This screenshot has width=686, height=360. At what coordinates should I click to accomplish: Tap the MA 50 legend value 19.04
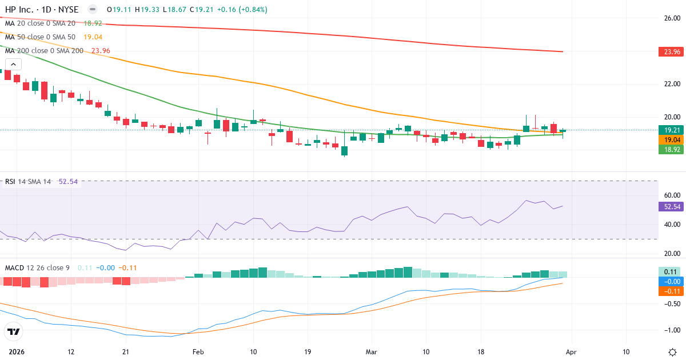93,37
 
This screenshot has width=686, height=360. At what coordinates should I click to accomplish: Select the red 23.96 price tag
671,51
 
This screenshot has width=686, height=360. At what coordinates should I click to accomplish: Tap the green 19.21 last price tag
671,130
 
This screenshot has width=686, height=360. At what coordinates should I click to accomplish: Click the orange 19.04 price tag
671,139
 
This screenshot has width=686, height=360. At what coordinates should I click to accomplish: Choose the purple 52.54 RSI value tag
671,207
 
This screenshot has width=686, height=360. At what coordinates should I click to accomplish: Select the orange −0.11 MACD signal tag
671,291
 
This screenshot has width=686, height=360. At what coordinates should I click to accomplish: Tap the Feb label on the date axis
198,351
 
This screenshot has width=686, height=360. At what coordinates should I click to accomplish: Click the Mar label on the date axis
372,351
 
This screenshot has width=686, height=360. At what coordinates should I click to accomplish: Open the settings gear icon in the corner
673,351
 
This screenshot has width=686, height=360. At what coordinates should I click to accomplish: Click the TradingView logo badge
14,331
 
